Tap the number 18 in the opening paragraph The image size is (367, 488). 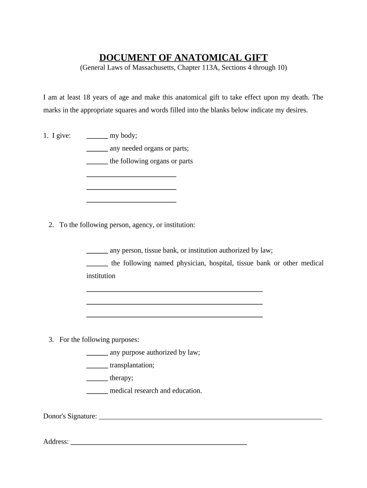point(87,97)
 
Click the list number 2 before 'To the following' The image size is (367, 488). point(51,225)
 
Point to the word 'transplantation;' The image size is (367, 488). point(132,366)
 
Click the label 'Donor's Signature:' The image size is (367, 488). point(70,417)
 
